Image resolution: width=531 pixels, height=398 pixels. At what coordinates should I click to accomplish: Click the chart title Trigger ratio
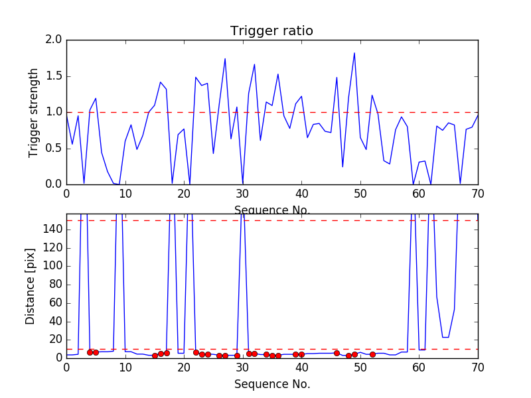point(271,31)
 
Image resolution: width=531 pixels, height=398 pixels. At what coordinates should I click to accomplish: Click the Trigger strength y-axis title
point(34,112)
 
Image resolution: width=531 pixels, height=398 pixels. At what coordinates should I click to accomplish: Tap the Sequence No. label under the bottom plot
point(271,384)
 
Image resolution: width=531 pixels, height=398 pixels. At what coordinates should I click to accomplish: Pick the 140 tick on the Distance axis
point(52,230)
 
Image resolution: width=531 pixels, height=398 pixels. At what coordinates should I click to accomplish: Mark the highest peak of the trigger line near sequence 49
point(354,53)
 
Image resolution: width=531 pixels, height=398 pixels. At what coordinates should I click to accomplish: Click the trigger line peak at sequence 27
point(225,58)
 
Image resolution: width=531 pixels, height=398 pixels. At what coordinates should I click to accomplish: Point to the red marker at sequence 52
point(372,354)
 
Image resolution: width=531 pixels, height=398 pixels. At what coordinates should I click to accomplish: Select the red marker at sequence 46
point(337,353)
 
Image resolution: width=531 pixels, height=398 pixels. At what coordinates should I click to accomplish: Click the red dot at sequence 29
point(237,356)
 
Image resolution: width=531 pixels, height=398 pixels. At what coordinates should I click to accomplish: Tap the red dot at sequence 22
point(196,353)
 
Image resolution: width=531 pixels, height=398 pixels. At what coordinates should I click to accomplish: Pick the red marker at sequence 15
point(155,356)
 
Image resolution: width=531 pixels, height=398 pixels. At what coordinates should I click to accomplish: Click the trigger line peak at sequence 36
point(278,74)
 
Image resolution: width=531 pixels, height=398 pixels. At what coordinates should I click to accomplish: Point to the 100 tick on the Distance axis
point(52,266)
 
